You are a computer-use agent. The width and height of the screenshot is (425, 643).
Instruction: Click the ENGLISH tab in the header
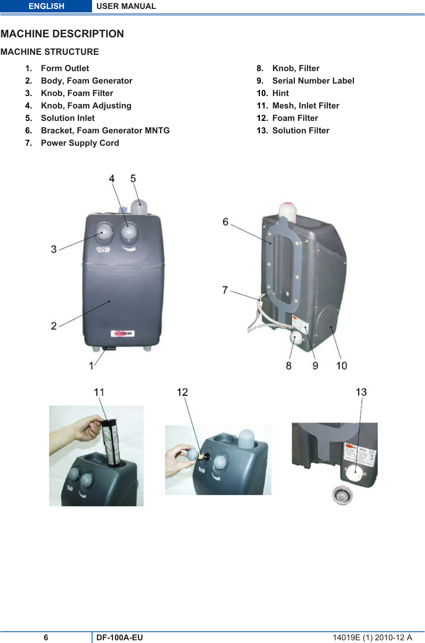pyautogui.click(x=46, y=6)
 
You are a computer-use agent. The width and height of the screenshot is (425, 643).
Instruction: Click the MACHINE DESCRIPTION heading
pyautogui.click(x=62, y=34)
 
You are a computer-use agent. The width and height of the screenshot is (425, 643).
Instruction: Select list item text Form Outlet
pyautogui.click(x=65, y=68)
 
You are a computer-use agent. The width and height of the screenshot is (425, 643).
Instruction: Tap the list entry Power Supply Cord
pyautogui.click(x=80, y=143)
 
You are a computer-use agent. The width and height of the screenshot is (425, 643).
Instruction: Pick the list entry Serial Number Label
pyautogui.click(x=313, y=81)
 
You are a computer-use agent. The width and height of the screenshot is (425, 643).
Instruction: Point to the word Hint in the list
pyautogui.click(x=280, y=93)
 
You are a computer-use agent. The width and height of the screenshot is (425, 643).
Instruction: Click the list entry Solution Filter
pyautogui.click(x=301, y=131)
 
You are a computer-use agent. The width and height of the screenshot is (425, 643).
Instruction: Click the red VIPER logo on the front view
pyautogui.click(x=123, y=334)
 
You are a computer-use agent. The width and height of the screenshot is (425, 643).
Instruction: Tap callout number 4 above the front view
pyautogui.click(x=112, y=178)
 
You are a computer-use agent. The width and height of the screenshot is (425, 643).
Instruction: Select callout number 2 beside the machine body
pyautogui.click(x=54, y=326)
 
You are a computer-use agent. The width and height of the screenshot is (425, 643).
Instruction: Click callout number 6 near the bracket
pyautogui.click(x=225, y=222)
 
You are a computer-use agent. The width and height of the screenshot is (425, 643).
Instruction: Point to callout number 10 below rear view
pyautogui.click(x=341, y=365)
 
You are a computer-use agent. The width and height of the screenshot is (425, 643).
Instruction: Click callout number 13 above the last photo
pyautogui.click(x=361, y=392)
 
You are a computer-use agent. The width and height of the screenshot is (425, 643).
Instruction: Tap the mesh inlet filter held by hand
pyautogui.click(x=110, y=442)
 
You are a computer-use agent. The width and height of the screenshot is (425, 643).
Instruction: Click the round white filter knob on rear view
pyautogui.click(x=296, y=337)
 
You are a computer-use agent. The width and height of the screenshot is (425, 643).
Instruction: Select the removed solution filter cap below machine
pyautogui.click(x=342, y=495)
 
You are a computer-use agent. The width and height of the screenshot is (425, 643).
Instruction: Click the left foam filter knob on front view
pyautogui.click(x=104, y=232)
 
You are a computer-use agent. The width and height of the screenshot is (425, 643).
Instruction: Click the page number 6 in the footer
pyautogui.click(x=46, y=637)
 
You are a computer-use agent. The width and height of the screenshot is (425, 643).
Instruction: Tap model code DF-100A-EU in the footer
pyautogui.click(x=120, y=637)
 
